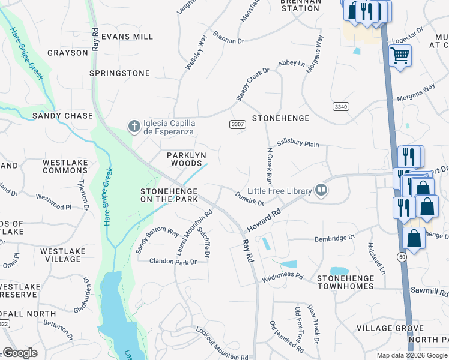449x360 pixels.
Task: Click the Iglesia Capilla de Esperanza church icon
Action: (x=133, y=125)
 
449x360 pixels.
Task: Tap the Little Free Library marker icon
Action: (x=322, y=191)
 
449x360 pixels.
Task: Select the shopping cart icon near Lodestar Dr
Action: (x=400, y=56)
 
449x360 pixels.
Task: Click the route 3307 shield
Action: (x=237, y=124)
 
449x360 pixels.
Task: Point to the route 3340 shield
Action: (x=340, y=106)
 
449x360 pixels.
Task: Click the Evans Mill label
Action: (x=127, y=37)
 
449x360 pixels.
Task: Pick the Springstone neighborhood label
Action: (x=119, y=73)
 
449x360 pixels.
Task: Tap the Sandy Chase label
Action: (x=62, y=116)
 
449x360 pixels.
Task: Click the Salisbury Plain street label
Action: (x=298, y=144)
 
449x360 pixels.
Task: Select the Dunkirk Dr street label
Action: (x=250, y=198)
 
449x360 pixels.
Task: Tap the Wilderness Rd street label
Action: (x=282, y=277)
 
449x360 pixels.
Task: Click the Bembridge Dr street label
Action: (x=335, y=238)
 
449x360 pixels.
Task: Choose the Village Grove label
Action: (x=390, y=328)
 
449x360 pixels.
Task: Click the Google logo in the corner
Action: (x=20, y=353)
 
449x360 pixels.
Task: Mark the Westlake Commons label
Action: (x=65, y=166)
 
